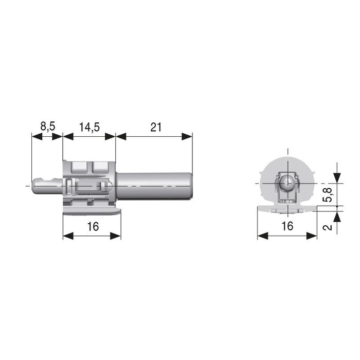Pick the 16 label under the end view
click(287, 226)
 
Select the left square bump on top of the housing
click(80, 167)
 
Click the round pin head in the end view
click(287, 183)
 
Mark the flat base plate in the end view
click(286, 208)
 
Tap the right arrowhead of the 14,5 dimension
click(112, 136)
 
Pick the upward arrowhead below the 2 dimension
click(337, 214)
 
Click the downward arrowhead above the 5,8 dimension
click(337, 178)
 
